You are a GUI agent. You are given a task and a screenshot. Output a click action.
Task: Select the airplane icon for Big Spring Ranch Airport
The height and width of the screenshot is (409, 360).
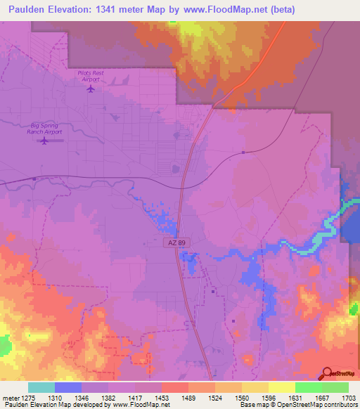pos(44,141)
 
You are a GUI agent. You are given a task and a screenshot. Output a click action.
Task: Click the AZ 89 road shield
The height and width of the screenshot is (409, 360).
pos(178,242)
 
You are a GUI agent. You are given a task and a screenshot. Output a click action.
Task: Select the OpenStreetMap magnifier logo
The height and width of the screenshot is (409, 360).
pos(326,373)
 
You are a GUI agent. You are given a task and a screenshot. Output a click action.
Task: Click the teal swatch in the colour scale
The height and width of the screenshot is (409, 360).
pos(41,387)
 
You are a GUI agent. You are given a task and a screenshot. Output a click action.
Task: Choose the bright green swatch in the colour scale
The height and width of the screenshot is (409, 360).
pos(308,387)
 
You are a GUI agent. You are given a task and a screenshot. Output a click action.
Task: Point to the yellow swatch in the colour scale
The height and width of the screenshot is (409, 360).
pos(282,387)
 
